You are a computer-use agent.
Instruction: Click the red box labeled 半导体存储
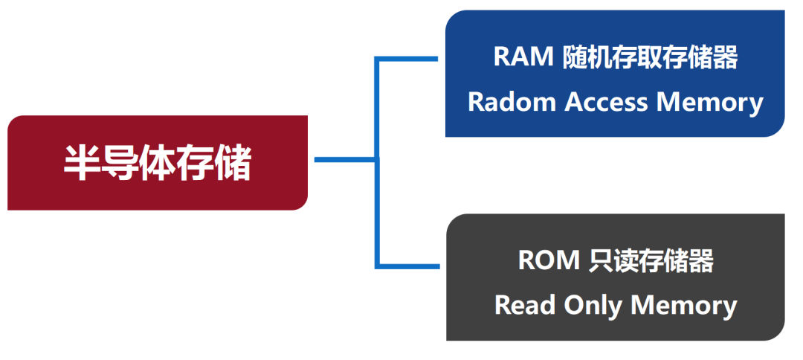coord(157,163)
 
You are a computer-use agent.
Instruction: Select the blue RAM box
coord(614,74)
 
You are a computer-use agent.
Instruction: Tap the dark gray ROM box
coord(614,277)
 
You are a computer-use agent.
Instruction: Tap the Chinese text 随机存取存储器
coord(650,58)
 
